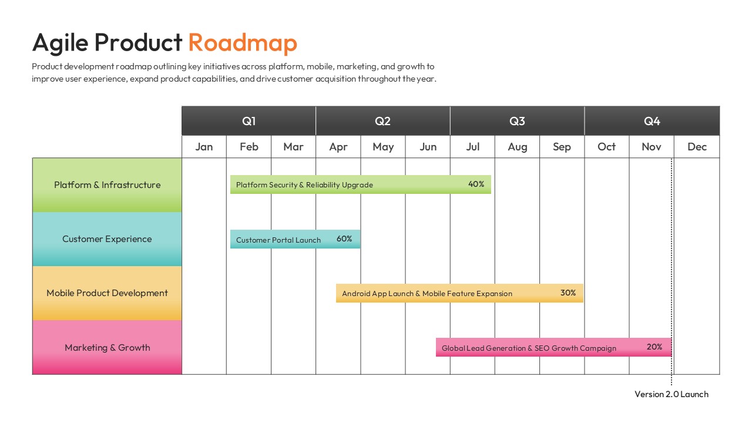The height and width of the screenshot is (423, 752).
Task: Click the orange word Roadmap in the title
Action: click(243, 43)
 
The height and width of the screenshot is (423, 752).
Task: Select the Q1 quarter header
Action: click(249, 121)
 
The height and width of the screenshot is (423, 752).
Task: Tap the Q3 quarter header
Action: click(517, 121)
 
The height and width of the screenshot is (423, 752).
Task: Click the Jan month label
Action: click(204, 147)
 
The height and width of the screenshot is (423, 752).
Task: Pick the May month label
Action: click(383, 147)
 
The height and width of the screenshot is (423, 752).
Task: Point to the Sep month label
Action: click(562, 147)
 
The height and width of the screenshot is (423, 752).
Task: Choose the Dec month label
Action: click(697, 147)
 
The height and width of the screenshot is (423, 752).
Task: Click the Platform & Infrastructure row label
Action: click(107, 185)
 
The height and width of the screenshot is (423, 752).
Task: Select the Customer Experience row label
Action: click(107, 239)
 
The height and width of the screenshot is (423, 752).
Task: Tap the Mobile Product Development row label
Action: click(107, 293)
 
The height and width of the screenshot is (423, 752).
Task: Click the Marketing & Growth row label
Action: click(107, 348)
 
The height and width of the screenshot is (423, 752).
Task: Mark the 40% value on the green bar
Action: click(476, 184)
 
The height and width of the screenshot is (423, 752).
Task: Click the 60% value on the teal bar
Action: click(344, 239)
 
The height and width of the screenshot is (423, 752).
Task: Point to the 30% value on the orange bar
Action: click(568, 293)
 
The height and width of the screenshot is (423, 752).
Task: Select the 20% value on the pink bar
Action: click(654, 347)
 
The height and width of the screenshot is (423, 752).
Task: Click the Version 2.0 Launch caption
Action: click(672, 394)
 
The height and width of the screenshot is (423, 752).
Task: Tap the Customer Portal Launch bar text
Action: click(278, 240)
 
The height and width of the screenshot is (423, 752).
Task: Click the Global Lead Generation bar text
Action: click(529, 348)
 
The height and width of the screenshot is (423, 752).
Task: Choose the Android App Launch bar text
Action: click(427, 294)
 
